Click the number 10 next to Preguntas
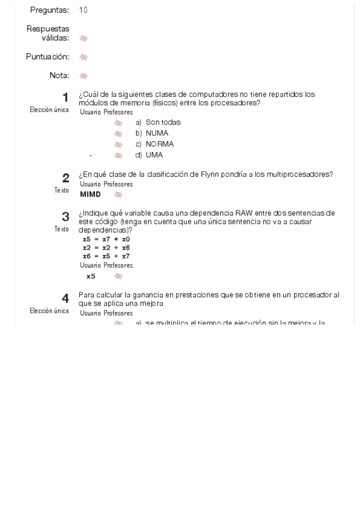click(x=83, y=10)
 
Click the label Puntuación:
click(x=47, y=57)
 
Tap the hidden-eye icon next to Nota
click(x=84, y=76)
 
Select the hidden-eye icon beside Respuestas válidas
click(x=84, y=38)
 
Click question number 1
click(x=65, y=97)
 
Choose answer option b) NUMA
click(x=152, y=133)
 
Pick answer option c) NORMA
click(x=154, y=144)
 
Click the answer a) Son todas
click(x=158, y=122)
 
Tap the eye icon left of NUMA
click(x=118, y=134)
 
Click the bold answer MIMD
click(x=90, y=194)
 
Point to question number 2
click(x=66, y=177)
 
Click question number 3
click(x=66, y=217)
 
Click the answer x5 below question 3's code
click(x=91, y=277)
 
